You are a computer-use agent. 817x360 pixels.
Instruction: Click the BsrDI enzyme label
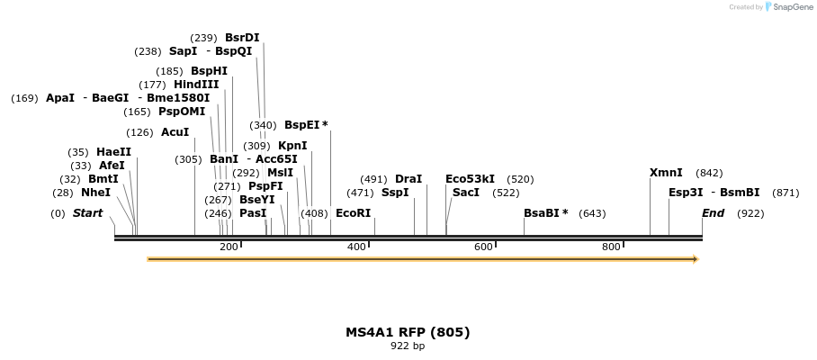242,38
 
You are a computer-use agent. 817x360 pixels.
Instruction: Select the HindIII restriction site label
196,85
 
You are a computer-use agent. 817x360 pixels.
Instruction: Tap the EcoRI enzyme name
353,213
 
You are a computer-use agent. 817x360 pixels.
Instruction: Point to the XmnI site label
666,173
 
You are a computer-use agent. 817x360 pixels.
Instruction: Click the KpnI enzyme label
292,146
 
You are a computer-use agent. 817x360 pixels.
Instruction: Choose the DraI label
408,179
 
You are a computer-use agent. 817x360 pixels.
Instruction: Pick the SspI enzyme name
395,193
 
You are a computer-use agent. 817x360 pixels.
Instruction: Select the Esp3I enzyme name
686,193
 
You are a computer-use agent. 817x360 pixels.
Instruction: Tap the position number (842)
709,173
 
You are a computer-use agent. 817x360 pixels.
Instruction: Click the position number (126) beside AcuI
139,132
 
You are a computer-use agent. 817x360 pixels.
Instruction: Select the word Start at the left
87,213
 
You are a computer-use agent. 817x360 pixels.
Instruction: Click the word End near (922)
713,213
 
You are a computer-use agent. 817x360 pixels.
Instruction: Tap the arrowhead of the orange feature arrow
695,259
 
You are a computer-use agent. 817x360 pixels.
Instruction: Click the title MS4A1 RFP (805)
408,332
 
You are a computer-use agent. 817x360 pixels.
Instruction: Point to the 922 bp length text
408,346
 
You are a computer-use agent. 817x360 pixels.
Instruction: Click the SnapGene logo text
794,7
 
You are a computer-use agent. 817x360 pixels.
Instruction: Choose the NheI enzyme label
95,193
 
